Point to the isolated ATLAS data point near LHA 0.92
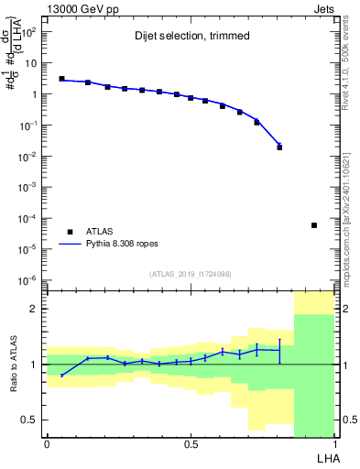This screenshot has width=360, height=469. [314, 225]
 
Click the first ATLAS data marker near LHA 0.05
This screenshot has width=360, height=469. [61, 79]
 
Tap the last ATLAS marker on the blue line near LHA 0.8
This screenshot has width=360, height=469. [279, 147]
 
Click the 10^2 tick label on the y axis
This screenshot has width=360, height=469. [29, 32]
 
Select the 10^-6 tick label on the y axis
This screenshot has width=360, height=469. [29, 280]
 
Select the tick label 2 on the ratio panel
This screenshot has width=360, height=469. [34, 310]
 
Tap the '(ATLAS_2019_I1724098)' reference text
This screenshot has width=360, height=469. [191, 273]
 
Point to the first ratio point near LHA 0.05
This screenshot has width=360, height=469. [61, 376]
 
